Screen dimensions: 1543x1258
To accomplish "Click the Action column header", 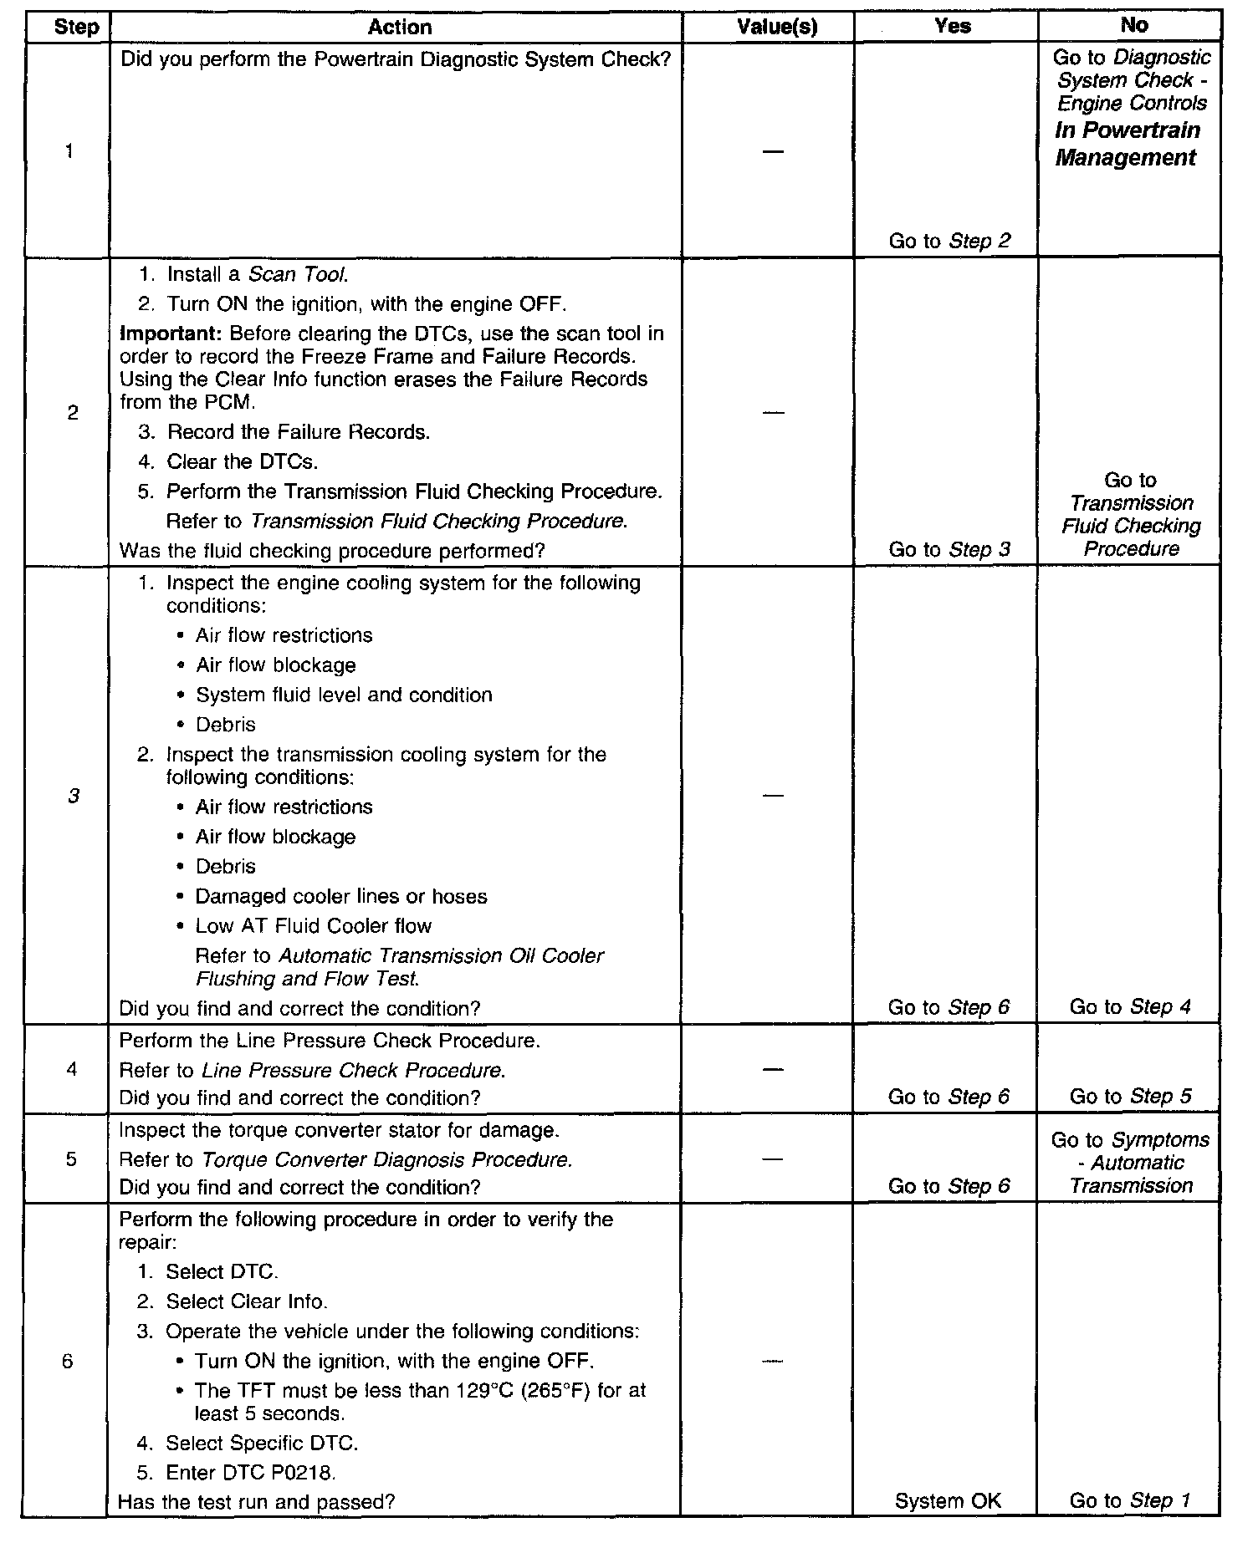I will pyautogui.click(x=399, y=28).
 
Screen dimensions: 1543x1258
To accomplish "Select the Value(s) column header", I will pyautogui.click(x=777, y=28).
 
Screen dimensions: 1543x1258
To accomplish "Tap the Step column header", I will pyautogui.click(x=76, y=28).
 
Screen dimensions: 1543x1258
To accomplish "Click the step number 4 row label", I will pyautogui.click(x=71, y=1069).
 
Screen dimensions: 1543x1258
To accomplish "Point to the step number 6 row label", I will pyautogui.click(x=68, y=1362).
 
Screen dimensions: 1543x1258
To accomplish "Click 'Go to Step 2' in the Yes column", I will pyautogui.click(x=949, y=242).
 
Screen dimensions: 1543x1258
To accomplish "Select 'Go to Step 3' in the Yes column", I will pyautogui.click(x=949, y=549).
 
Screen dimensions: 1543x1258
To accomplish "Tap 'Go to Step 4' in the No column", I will pyautogui.click(x=1130, y=1007).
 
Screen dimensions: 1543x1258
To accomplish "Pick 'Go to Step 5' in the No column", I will pyautogui.click(x=1130, y=1096).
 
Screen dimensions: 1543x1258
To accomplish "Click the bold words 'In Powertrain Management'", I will pyautogui.click(x=1127, y=144).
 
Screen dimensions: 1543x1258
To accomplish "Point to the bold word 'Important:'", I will pyautogui.click(x=171, y=334).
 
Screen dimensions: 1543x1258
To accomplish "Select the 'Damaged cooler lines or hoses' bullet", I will pyautogui.click(x=341, y=897).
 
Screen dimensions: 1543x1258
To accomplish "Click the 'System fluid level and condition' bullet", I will pyautogui.click(x=344, y=695).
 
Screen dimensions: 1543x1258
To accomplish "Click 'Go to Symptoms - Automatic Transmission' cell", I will pyautogui.click(x=1130, y=1163).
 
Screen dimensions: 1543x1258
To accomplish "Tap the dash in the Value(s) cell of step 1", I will pyautogui.click(x=774, y=151).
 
